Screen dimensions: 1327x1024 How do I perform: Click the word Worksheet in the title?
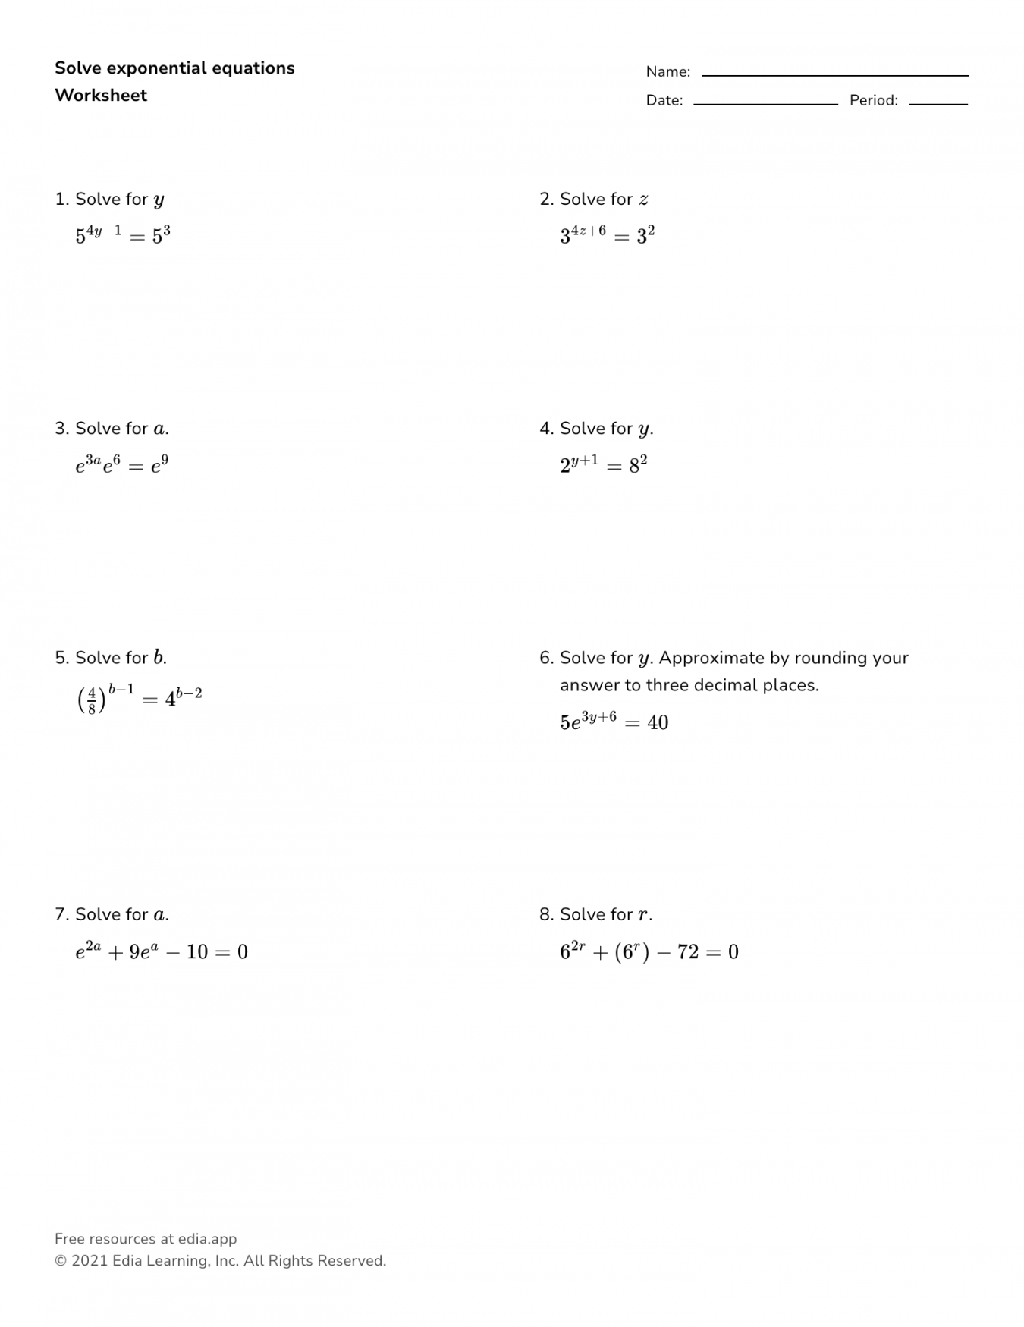[x=101, y=96]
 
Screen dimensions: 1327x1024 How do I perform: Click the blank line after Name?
[x=834, y=75]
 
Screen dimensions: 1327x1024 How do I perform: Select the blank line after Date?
[x=765, y=104]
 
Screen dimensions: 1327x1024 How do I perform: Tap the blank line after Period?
[x=938, y=104]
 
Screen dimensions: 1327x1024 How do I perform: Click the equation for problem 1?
[x=123, y=234]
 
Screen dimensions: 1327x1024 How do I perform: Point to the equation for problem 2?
[x=607, y=234]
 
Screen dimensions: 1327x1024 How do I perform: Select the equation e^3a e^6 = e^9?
[x=121, y=464]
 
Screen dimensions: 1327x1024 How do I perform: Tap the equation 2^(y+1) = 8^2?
[x=604, y=464]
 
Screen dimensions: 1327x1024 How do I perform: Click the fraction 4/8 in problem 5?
[x=92, y=700]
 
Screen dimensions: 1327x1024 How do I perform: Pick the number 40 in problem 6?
[x=658, y=722]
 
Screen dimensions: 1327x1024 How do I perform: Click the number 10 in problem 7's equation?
[x=197, y=952]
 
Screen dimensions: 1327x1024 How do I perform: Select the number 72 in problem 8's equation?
[x=688, y=952]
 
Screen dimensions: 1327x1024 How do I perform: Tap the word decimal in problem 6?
[x=726, y=685]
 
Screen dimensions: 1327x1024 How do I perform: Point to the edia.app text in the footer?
[x=207, y=1239]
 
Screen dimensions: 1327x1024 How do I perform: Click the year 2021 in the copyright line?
[x=90, y=1261]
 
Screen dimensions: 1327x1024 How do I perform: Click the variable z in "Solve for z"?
[x=643, y=200]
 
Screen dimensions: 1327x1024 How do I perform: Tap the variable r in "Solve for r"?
[x=643, y=916]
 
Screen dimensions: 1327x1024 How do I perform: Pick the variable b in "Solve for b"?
[x=158, y=658]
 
